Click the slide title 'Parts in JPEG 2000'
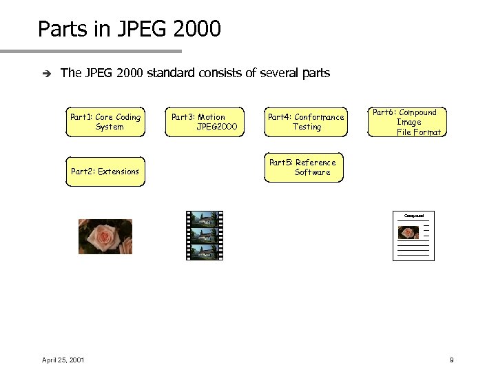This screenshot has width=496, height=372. [130, 30]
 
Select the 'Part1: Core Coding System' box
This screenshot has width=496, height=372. [105, 122]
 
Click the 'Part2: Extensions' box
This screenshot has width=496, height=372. [105, 172]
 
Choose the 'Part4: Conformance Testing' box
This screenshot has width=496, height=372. [305, 122]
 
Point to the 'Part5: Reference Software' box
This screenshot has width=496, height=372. [303, 167]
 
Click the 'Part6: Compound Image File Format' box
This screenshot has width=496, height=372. [406, 122]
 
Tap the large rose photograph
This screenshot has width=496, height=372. [105, 236]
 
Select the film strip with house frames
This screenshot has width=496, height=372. [205, 236]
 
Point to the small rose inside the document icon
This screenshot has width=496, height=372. [409, 233]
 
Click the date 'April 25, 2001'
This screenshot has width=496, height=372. [63, 360]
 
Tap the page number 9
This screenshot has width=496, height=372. [451, 360]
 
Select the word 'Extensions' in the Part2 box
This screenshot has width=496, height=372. [118, 172]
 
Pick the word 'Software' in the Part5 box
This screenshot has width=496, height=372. [312, 172]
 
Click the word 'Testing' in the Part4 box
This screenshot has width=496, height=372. [307, 127]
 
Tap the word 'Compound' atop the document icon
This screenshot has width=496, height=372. [413, 216]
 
